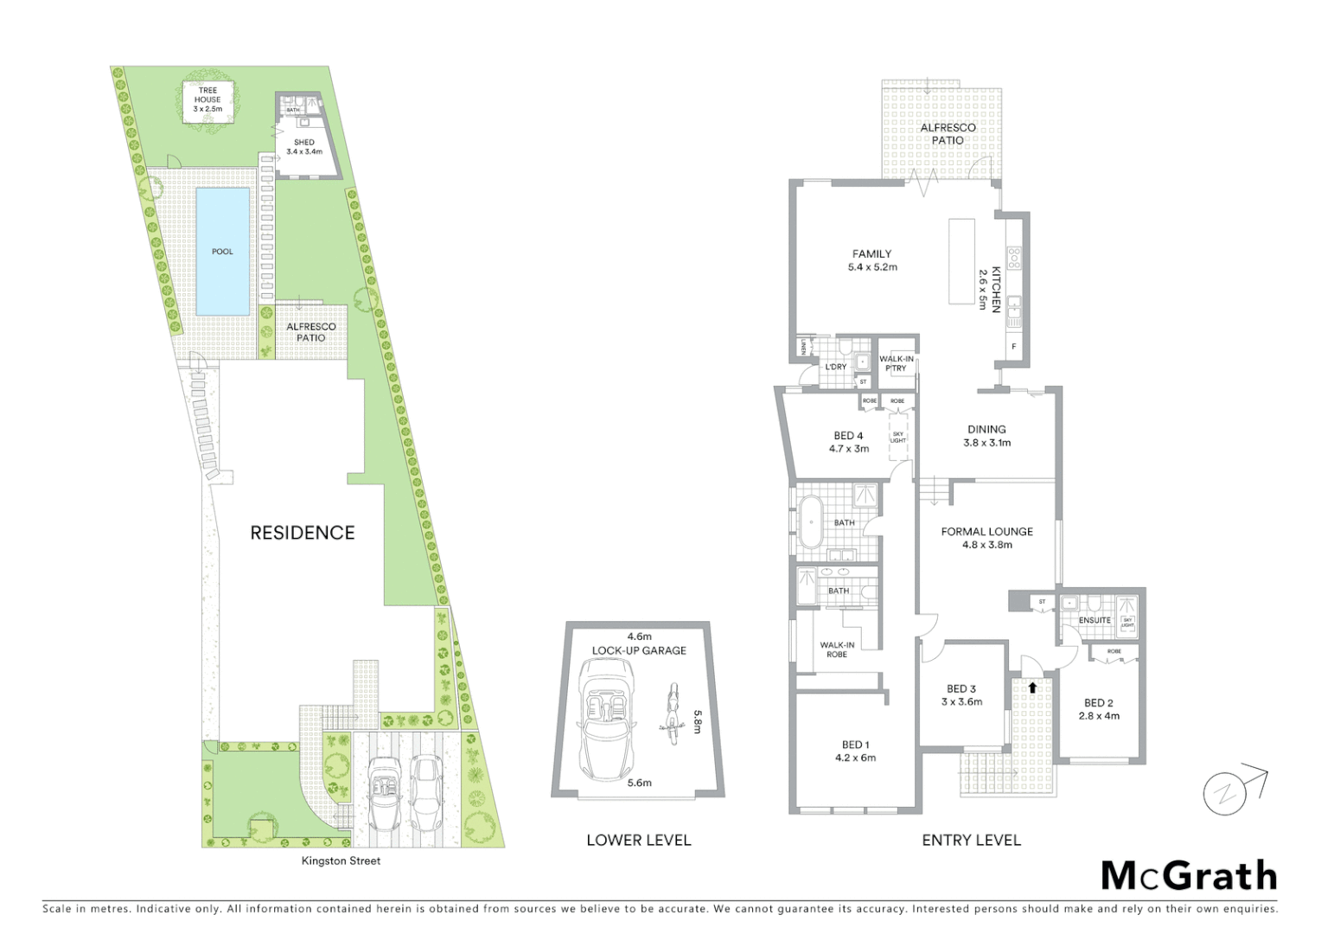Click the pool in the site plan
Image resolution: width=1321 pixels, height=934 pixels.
point(223,252)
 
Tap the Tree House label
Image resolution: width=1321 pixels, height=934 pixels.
point(207,99)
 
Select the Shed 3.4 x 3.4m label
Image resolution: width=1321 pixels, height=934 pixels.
point(304,146)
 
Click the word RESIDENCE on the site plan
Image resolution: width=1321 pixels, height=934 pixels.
point(303,533)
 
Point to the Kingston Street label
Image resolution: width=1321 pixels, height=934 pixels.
point(341,860)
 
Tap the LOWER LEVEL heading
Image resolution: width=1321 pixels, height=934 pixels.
point(638,840)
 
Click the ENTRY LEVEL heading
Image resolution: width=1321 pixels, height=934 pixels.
point(971,840)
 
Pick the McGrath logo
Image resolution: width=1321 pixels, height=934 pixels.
point(1189,876)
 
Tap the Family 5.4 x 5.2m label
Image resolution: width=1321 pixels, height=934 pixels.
point(871,260)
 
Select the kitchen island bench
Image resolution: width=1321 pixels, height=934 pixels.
point(960,261)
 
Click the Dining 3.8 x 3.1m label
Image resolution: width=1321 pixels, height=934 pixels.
point(986,435)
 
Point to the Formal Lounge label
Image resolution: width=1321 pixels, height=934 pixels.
point(986,538)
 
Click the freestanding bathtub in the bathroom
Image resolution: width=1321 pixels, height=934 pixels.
point(812,521)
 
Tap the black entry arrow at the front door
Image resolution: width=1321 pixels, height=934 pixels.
point(1031,688)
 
